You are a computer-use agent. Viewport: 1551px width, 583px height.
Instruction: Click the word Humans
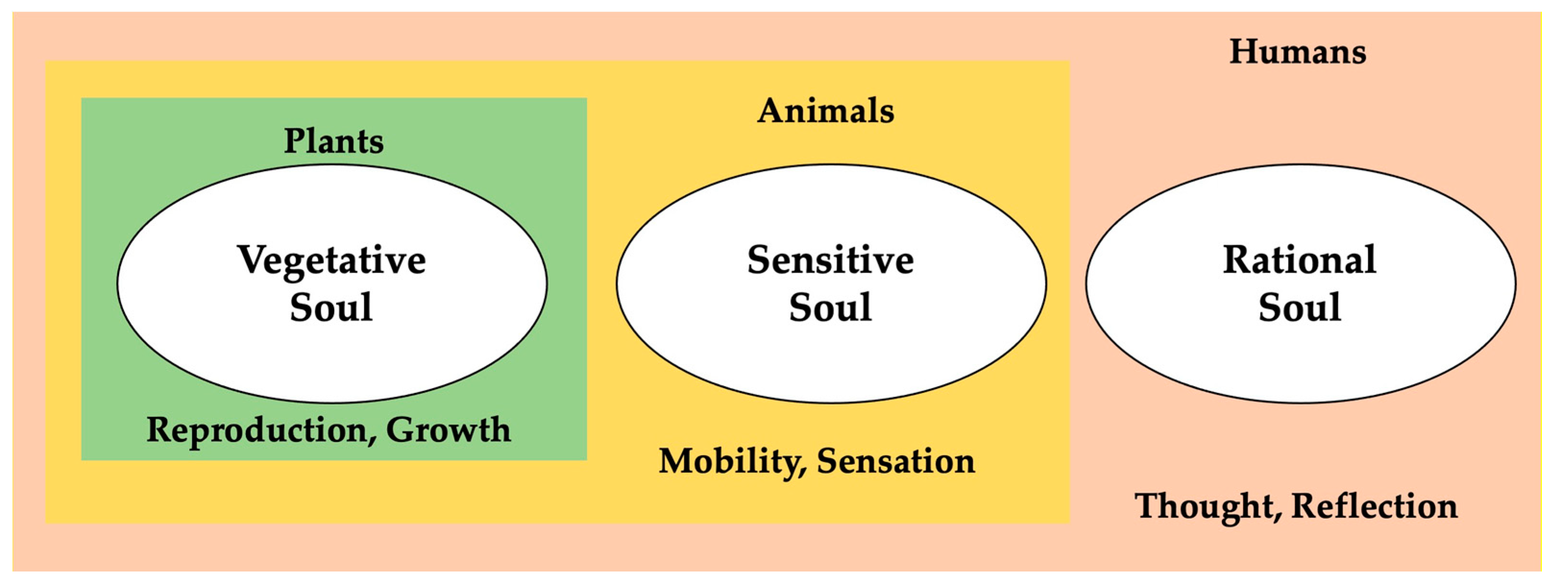tap(1297, 52)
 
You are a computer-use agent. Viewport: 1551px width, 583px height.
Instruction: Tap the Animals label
tap(825, 111)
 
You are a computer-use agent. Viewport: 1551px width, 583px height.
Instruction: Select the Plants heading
tap(334, 142)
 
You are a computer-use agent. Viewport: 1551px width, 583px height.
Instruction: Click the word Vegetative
tap(332, 261)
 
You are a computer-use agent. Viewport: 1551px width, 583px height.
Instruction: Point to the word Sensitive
tap(830, 261)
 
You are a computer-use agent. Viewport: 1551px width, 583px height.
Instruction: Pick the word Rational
tap(1299, 261)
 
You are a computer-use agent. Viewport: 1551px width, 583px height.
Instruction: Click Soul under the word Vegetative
tap(331, 308)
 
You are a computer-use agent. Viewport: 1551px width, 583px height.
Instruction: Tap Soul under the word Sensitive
tap(830, 308)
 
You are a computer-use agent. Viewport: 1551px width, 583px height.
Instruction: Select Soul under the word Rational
tap(1299, 308)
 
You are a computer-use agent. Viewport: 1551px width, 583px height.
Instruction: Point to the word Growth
tap(448, 431)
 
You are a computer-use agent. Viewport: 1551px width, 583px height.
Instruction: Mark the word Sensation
tap(896, 462)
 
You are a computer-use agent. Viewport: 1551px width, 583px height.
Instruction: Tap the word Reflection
tap(1375, 507)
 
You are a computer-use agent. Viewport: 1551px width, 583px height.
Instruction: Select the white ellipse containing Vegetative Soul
tap(332, 361)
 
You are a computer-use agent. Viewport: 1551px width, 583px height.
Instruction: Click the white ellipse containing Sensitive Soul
tap(831, 361)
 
